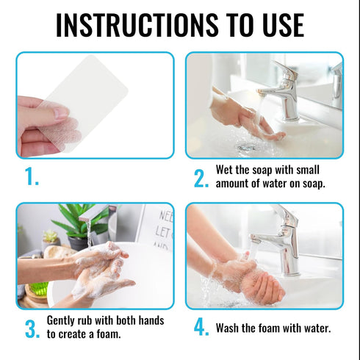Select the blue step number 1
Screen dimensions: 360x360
(x=32, y=176)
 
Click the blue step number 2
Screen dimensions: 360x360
(x=201, y=179)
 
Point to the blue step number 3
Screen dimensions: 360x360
(x=32, y=329)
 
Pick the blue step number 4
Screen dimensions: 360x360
(x=201, y=327)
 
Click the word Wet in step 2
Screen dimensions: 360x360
(x=224, y=170)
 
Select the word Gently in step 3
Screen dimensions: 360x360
(x=60, y=320)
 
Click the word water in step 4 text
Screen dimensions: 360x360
(x=317, y=328)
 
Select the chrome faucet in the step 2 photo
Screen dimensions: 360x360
(x=282, y=90)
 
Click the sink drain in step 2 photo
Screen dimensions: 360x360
(x=246, y=147)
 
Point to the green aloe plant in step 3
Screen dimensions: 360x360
(x=78, y=222)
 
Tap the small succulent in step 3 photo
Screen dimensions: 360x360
(x=51, y=236)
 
